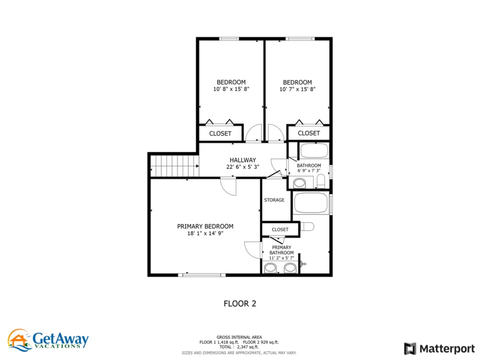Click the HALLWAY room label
[x=243, y=160]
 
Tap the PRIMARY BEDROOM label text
[x=205, y=226]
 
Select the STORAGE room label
[x=274, y=200]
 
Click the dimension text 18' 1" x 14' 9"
[x=205, y=233]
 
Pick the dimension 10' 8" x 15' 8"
[x=231, y=89]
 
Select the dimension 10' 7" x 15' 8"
[x=297, y=89]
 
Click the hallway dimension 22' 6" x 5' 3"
[x=243, y=167]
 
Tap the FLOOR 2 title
[x=240, y=303]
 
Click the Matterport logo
[x=439, y=348]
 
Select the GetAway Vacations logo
[x=48, y=340]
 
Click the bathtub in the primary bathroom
[x=311, y=202]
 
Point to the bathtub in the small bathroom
[x=314, y=150]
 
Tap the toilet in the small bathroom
[x=320, y=181]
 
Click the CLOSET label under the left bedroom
[x=220, y=133]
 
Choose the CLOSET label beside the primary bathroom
[x=280, y=229]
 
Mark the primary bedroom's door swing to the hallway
[x=228, y=186]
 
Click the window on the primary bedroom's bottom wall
[x=202, y=275]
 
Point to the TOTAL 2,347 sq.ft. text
[x=239, y=347]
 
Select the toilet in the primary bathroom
[x=307, y=227]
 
